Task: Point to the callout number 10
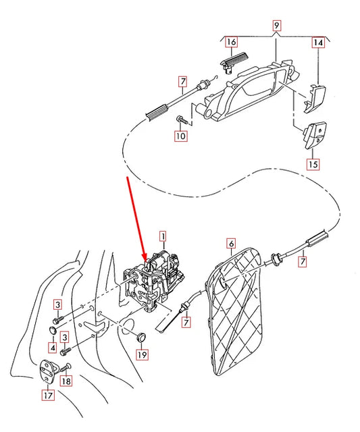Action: click(180, 136)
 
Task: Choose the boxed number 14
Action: click(317, 42)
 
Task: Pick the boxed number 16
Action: click(231, 42)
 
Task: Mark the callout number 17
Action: click(49, 396)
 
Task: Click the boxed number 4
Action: click(51, 348)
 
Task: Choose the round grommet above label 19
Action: click(141, 335)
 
